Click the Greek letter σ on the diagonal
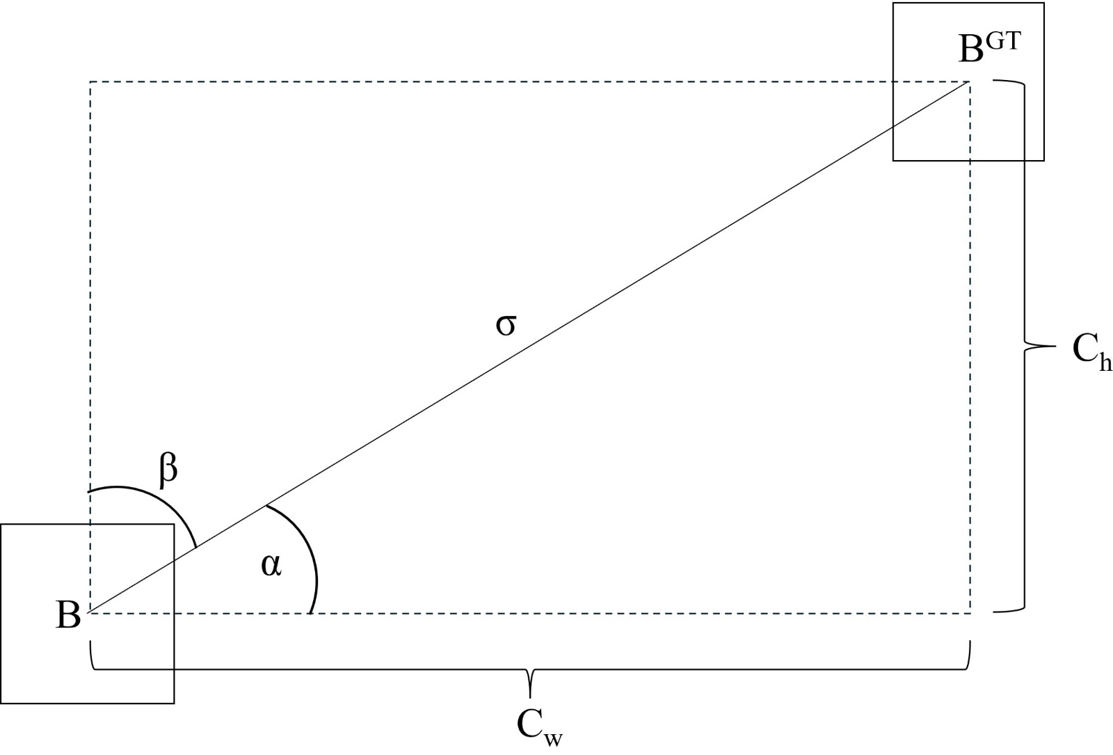click(506, 325)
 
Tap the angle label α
click(271, 565)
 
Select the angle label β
click(168, 470)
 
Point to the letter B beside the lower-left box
click(68, 615)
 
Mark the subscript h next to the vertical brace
click(1105, 363)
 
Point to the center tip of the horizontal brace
click(530, 695)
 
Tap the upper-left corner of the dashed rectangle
click(90, 82)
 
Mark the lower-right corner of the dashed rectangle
click(970, 613)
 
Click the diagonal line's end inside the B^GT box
click(969, 83)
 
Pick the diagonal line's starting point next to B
click(90, 612)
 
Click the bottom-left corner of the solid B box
click(1, 703)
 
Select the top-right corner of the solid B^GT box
click(1043, 3)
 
